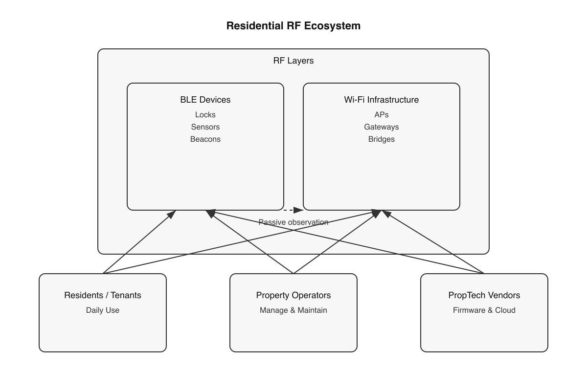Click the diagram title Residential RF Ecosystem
(x=293, y=26)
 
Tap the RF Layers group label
(x=293, y=61)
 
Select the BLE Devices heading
(x=205, y=100)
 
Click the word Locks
(x=205, y=115)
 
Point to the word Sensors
(x=205, y=127)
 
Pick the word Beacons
(x=205, y=139)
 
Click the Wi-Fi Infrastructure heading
(x=382, y=100)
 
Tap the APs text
(x=382, y=115)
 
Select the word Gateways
(x=382, y=127)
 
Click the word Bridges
(x=382, y=139)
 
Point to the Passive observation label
(x=293, y=222)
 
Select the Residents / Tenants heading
(x=103, y=295)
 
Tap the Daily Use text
(x=103, y=310)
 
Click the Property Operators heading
(x=293, y=295)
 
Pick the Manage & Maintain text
(x=293, y=310)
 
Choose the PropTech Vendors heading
(x=484, y=295)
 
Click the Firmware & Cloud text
(x=484, y=310)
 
